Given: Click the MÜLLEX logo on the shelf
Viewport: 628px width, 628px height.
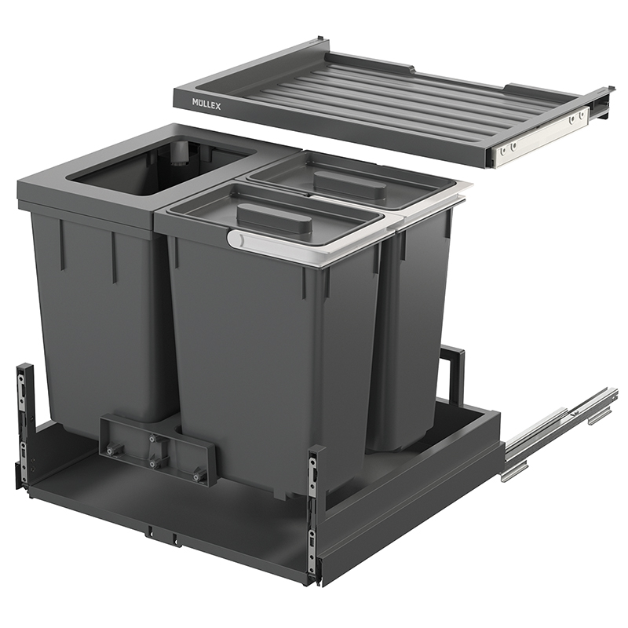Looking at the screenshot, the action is point(206,104).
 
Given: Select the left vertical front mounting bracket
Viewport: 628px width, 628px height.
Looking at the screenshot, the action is point(24,425).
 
